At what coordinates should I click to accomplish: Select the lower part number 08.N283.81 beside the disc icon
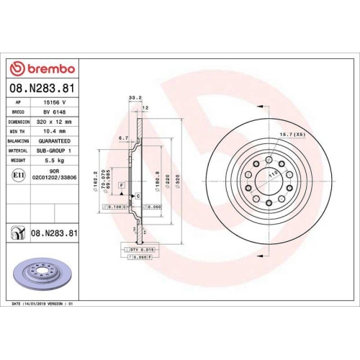53,233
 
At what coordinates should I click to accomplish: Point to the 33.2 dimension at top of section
132,96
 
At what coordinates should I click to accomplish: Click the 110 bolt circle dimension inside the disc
271,175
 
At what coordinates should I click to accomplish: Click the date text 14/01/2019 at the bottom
41,305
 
